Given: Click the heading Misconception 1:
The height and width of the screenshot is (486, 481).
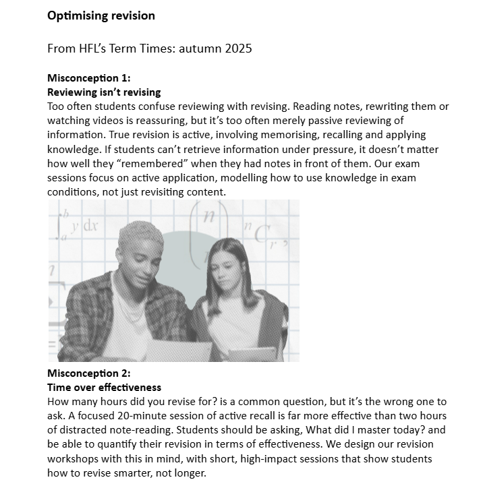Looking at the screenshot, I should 88,78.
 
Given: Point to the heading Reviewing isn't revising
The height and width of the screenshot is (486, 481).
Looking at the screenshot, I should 104,92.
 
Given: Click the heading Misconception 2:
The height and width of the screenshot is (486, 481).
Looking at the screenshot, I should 88,373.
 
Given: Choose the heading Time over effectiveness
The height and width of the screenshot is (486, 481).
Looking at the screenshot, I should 104,388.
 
